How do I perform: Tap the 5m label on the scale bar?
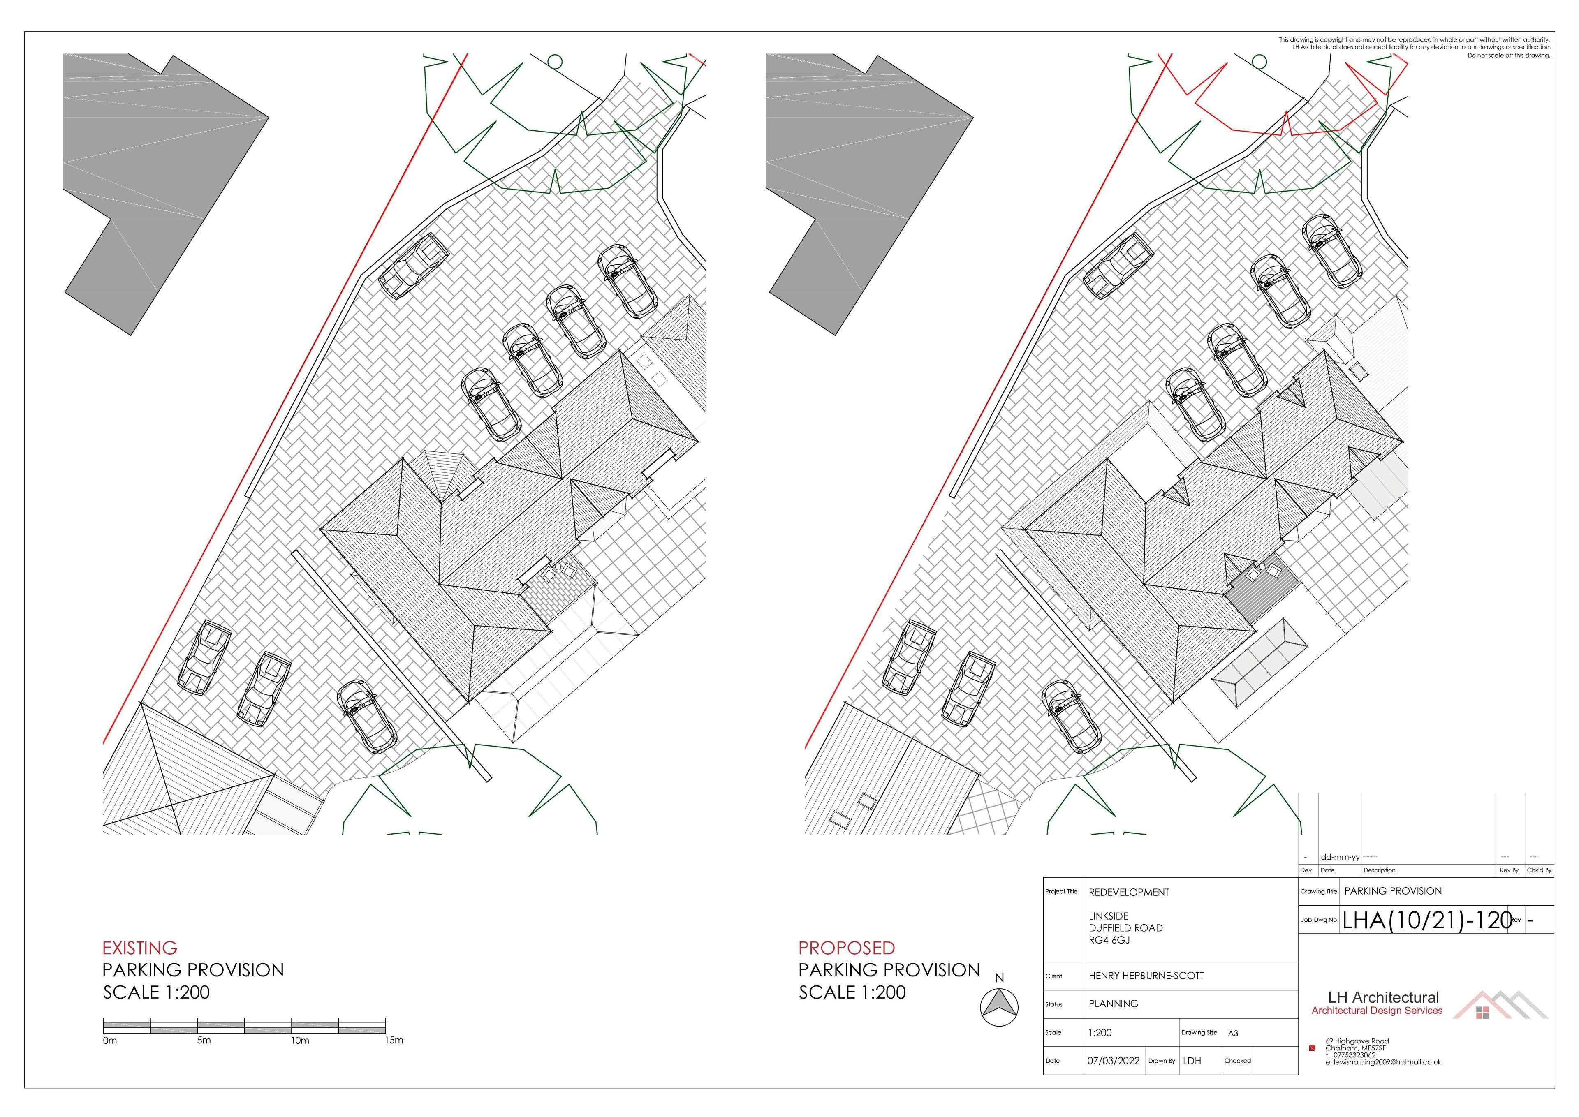[204, 1041]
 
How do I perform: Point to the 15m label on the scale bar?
[394, 1041]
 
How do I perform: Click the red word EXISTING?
[140, 948]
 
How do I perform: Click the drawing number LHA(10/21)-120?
[1428, 920]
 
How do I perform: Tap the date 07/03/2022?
[1113, 1061]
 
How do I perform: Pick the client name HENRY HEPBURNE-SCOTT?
[1146, 975]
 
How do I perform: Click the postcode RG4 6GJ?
[1109, 939]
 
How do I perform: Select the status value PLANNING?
[1113, 1004]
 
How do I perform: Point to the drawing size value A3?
[1233, 1033]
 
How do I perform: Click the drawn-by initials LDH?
[1192, 1061]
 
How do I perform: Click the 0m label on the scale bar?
[110, 1041]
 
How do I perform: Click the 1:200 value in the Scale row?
[1100, 1032]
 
